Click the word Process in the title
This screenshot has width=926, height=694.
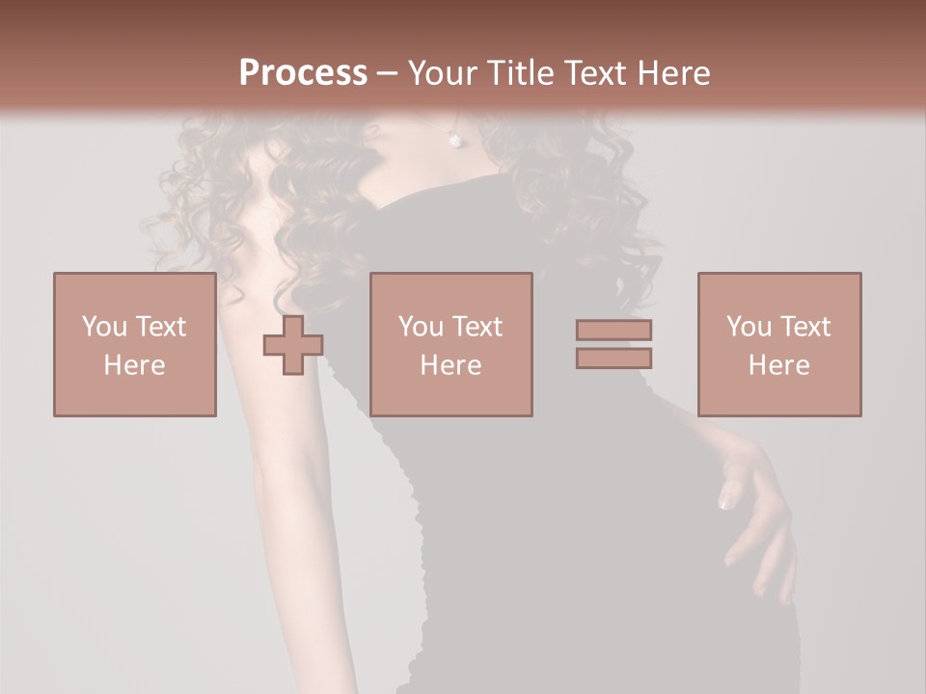click(303, 73)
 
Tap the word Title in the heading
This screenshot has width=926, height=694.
click(520, 73)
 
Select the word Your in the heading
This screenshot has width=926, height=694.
click(445, 73)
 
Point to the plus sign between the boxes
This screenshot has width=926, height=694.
click(293, 345)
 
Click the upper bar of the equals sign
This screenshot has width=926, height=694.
click(613, 330)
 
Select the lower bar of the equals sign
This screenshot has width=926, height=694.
click(613, 358)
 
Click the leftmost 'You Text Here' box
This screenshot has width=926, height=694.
click(134, 344)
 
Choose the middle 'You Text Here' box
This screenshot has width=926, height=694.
click(450, 344)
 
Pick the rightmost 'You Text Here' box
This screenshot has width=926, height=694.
click(778, 344)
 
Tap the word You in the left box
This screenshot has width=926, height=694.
click(103, 327)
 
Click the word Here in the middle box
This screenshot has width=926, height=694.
click(450, 365)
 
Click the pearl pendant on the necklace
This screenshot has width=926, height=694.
click(455, 141)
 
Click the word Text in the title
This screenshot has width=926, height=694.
click(592, 73)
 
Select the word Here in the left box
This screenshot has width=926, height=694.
click(134, 365)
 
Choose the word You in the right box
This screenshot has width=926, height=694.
click(749, 327)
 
